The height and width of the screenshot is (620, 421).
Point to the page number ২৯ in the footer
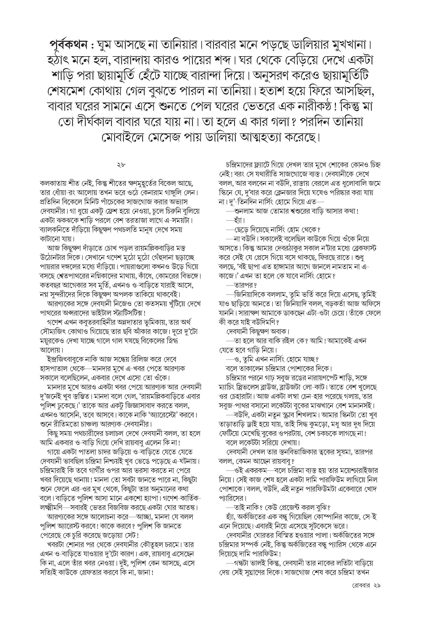[377, 586]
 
